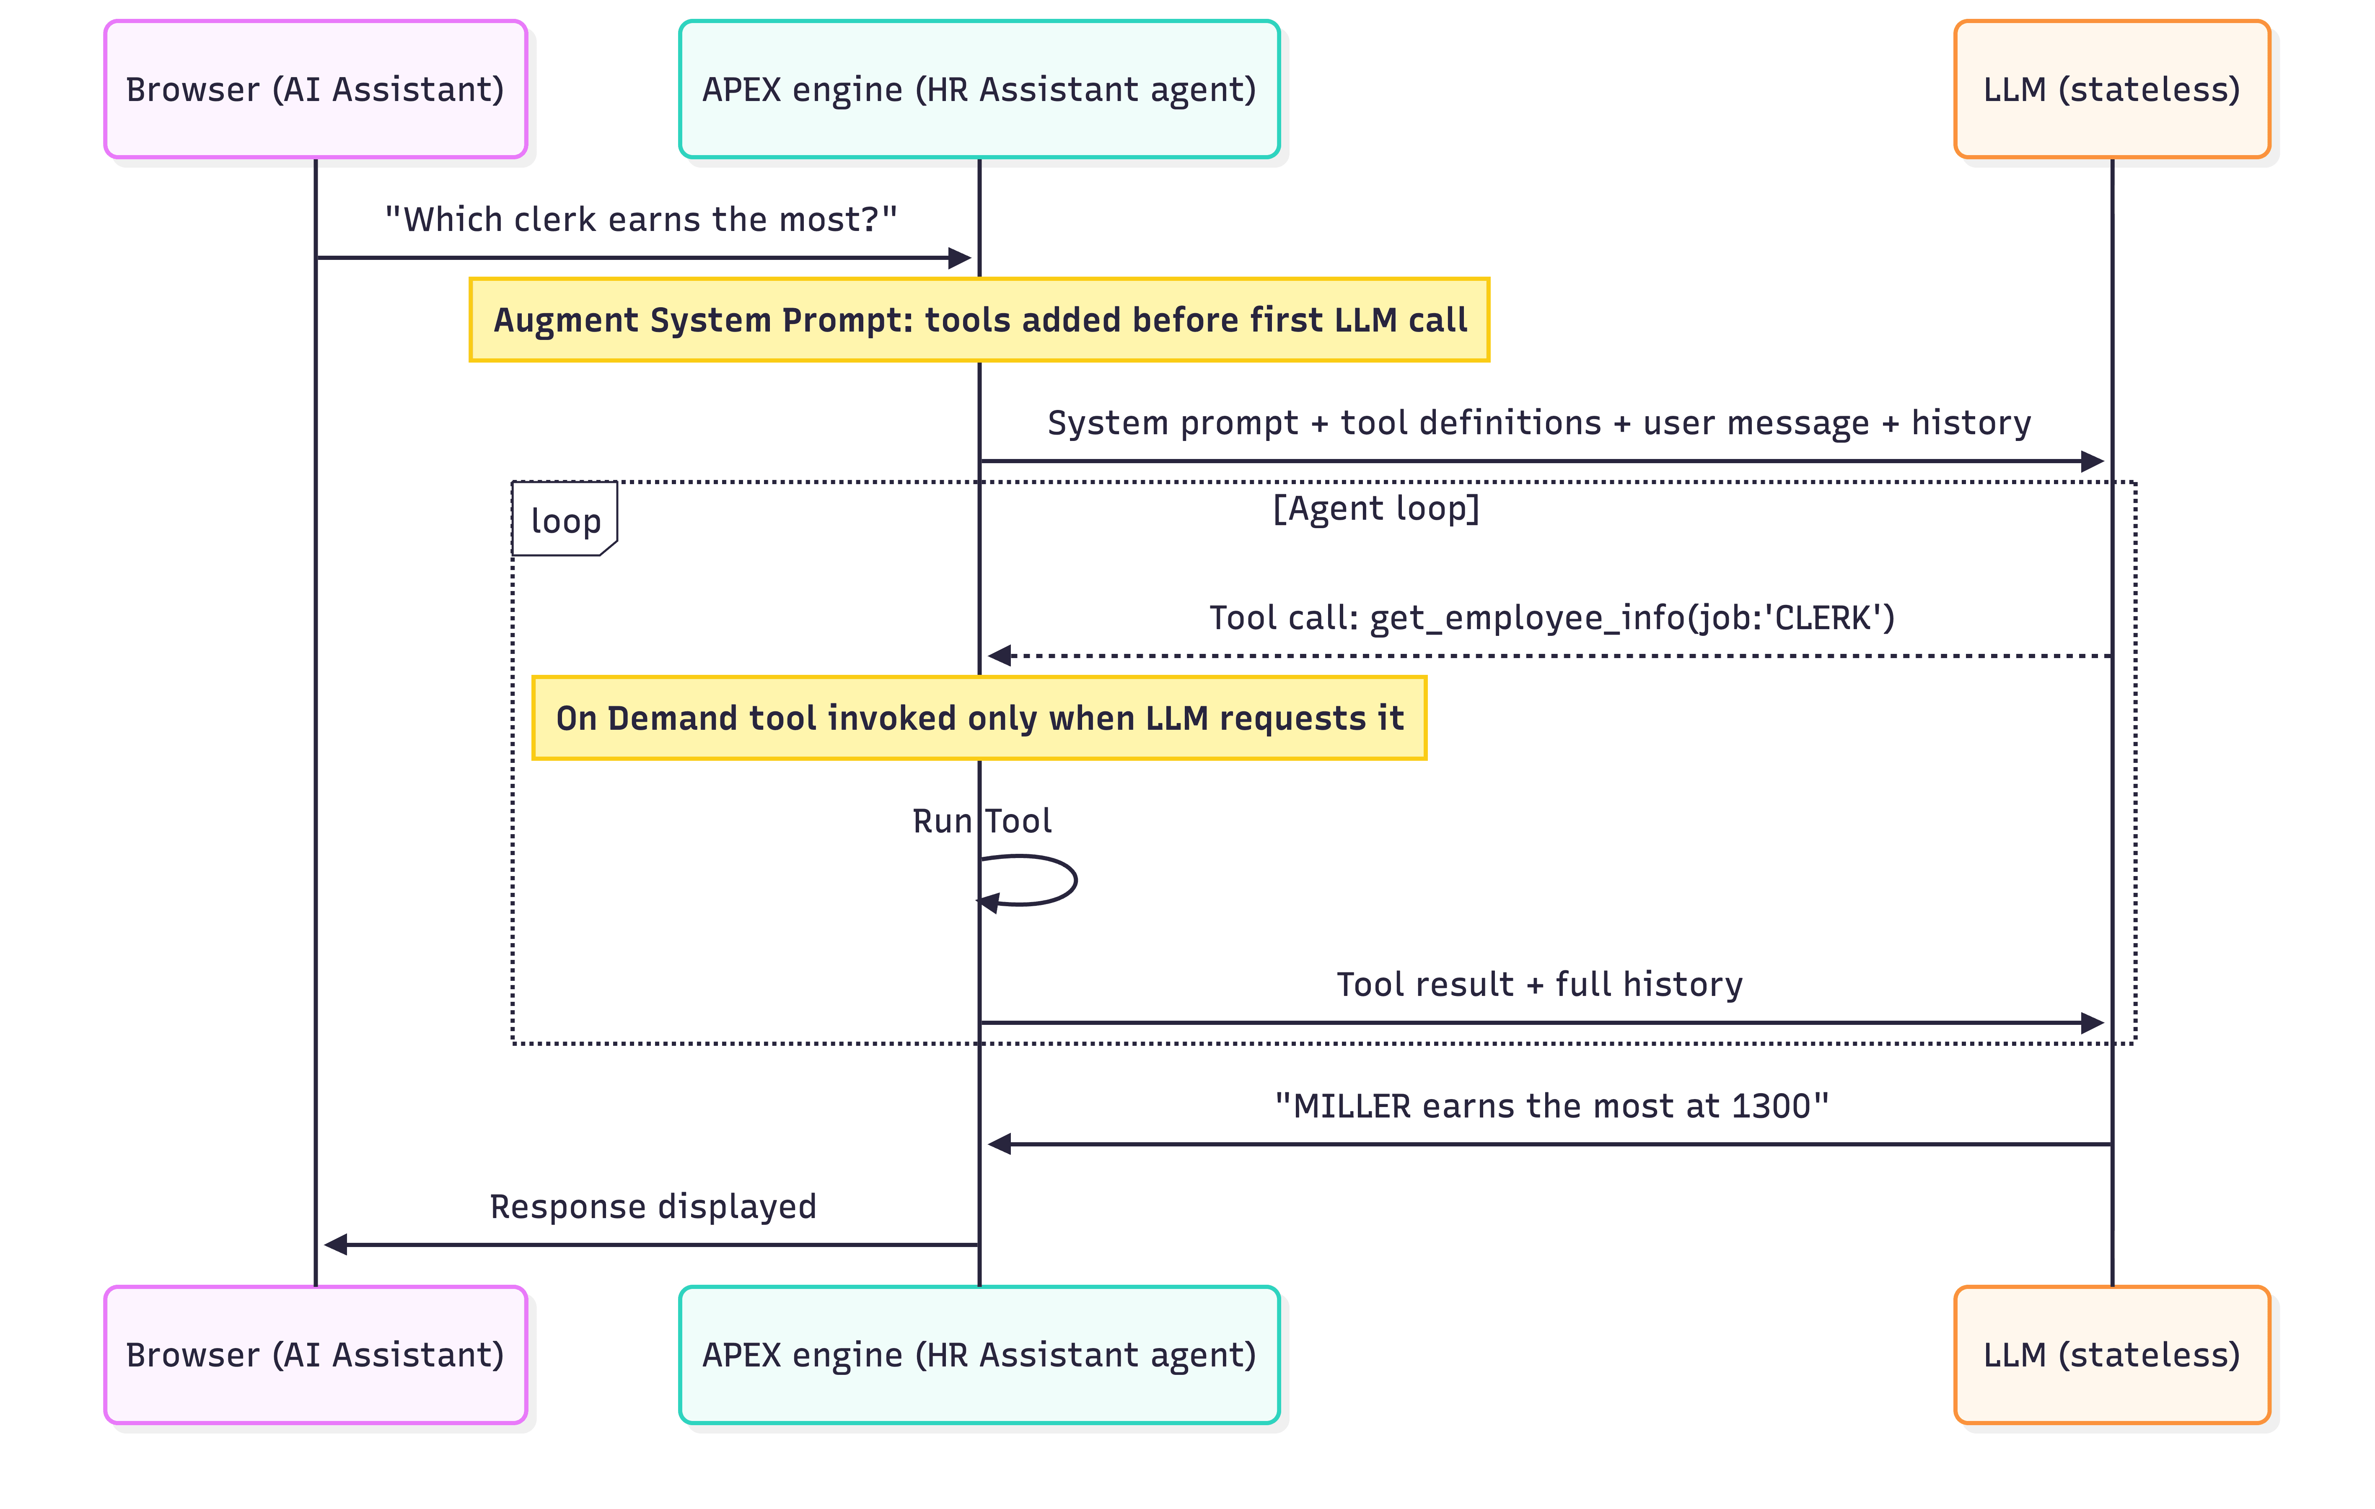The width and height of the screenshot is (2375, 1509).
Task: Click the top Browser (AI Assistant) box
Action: (x=316, y=89)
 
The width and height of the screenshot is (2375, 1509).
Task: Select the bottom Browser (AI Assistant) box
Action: (x=316, y=1354)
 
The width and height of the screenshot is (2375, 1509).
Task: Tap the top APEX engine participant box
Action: (x=979, y=89)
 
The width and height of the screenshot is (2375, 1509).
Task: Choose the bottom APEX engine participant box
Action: (x=979, y=1354)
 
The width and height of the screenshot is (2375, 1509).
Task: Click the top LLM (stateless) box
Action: (x=2112, y=89)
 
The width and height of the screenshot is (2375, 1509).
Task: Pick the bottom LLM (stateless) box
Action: (x=2112, y=1354)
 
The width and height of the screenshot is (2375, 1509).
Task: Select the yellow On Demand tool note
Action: (x=979, y=718)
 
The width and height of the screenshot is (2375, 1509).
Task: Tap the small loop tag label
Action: (x=565, y=520)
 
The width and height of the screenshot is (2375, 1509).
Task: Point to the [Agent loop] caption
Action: (x=1376, y=509)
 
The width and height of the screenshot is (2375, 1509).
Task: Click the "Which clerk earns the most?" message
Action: (x=641, y=219)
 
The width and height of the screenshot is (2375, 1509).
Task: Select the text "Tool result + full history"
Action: (x=1540, y=984)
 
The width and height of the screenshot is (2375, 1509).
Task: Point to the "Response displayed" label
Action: (x=653, y=1206)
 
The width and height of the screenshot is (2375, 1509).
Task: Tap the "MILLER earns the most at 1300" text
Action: (x=1551, y=1106)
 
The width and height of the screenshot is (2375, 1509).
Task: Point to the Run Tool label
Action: (x=982, y=821)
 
